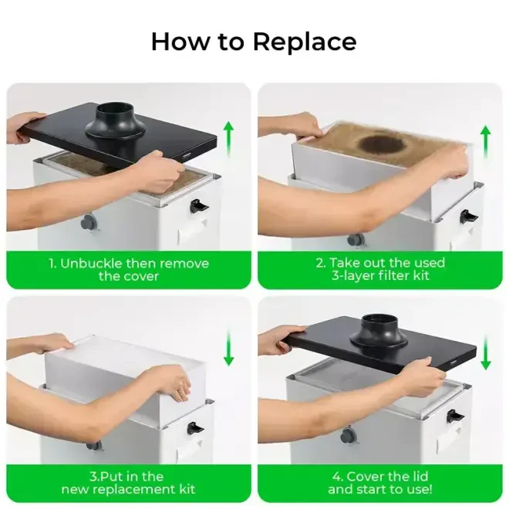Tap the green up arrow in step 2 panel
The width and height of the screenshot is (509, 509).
(484, 142)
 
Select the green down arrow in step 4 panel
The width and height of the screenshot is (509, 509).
(484, 352)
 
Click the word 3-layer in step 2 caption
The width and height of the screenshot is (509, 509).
(354, 276)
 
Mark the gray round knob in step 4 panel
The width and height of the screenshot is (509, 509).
(349, 436)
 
